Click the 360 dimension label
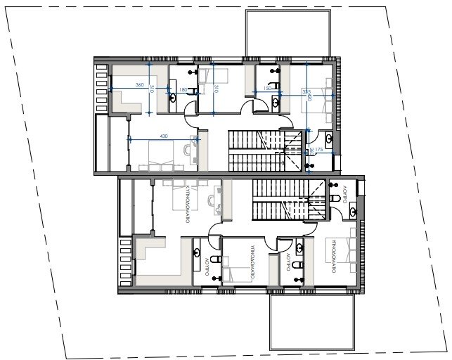click(139, 85)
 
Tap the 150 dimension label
click(266, 88)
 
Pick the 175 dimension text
click(318, 150)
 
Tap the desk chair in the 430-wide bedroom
click(186, 149)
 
